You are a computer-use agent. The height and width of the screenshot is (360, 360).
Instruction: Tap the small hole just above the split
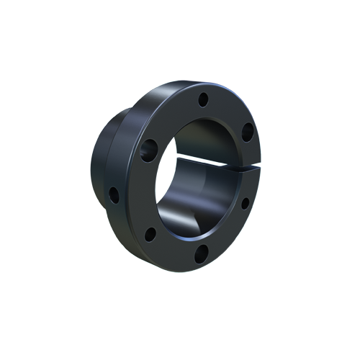coord(247,132)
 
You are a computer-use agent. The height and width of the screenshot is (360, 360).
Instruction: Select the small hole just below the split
coord(244,202)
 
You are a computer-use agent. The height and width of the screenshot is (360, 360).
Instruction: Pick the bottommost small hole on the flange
coord(202,251)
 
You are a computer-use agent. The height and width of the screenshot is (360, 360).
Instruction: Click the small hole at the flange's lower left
coord(150,234)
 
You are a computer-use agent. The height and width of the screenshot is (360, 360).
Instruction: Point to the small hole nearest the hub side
coord(114,193)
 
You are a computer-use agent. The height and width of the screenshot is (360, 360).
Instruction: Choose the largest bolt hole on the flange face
coord(149,148)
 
